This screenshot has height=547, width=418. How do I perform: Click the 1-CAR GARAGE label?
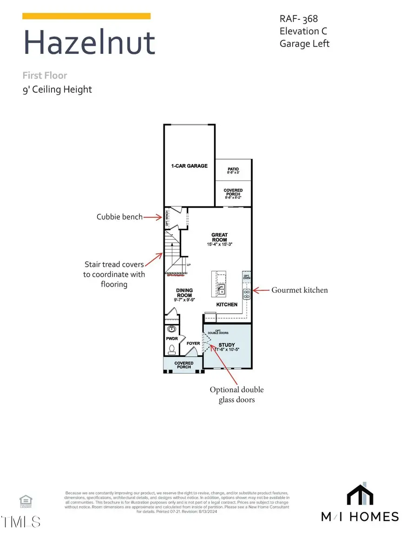189,166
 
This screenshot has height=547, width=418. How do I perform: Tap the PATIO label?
233,169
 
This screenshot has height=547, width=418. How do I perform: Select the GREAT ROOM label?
220,237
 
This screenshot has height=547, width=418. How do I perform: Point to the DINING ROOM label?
184,292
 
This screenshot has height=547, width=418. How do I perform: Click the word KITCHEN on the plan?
227,305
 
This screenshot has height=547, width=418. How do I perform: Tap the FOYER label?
193,344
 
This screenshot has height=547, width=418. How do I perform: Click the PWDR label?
172,339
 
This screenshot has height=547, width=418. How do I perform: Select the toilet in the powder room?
172,348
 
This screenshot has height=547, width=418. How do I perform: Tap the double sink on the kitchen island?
222,290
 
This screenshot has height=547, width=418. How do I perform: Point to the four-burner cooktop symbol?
247,293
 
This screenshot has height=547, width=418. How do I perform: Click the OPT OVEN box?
247,276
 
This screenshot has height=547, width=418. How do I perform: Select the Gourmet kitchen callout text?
300,290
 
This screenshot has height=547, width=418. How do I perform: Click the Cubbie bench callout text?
119,217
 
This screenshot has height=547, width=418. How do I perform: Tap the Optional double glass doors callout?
236,395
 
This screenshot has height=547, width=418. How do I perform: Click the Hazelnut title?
89,42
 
